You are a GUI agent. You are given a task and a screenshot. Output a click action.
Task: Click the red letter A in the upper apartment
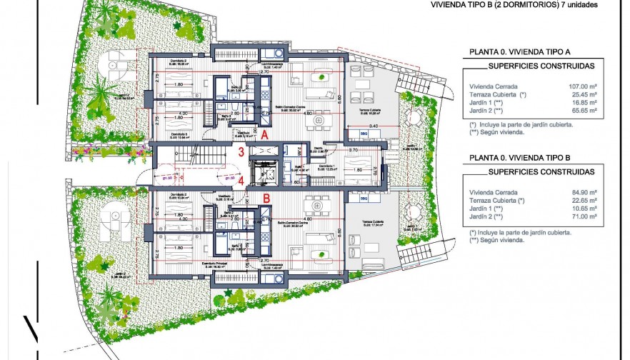[x=264, y=134]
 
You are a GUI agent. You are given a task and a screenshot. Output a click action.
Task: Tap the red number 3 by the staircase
[x=242, y=151]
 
